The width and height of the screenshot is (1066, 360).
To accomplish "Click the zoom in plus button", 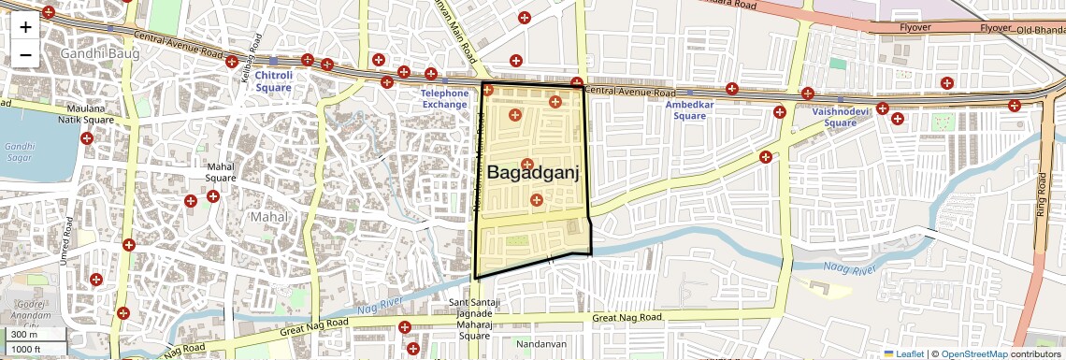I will pos(25,27).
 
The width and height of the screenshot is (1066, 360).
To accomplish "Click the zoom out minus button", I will pos(25,54).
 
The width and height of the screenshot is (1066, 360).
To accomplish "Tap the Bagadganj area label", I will pos(534,173).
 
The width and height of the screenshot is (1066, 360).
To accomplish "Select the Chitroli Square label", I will pos(273,80).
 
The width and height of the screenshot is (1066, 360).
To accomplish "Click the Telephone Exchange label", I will pos(444,99).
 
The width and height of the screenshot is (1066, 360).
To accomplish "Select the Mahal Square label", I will pos(220,172).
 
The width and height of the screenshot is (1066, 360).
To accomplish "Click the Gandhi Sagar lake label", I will pos(19,152).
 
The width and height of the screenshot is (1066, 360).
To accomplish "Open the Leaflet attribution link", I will pos(903,353).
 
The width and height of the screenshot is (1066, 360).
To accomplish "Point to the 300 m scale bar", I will pos(34,335).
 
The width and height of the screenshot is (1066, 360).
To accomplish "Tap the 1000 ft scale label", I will pos(34,349).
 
